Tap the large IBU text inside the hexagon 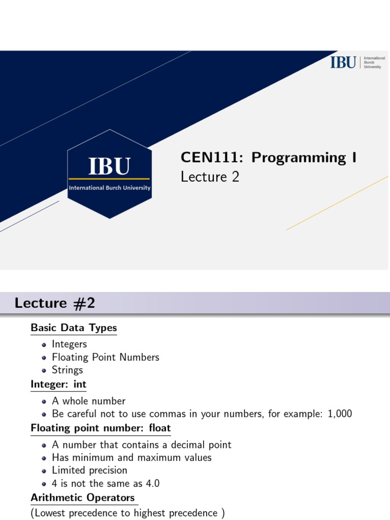pyautogui.click(x=109, y=166)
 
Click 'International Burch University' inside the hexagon pyautogui.click(x=109, y=188)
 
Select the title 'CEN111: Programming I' pyautogui.click(x=269, y=157)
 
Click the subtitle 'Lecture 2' pyautogui.click(x=210, y=177)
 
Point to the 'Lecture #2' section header pyautogui.click(x=55, y=303)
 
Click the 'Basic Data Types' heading pyautogui.click(x=74, y=328)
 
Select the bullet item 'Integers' pyautogui.click(x=69, y=344)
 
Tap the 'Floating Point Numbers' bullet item pyautogui.click(x=105, y=357)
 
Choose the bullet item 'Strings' pyautogui.click(x=67, y=370)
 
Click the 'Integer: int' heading pyautogui.click(x=58, y=384)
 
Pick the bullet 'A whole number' pyautogui.click(x=88, y=401)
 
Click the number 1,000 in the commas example pyautogui.click(x=340, y=414)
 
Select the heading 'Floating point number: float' pyautogui.click(x=101, y=428)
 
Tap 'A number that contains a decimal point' pyautogui.click(x=141, y=445)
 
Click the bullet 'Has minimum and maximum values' pyautogui.click(x=132, y=458)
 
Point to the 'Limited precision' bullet pyautogui.click(x=89, y=470)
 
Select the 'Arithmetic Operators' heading pyautogui.click(x=83, y=497)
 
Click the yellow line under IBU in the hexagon pyautogui.click(x=109, y=179)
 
